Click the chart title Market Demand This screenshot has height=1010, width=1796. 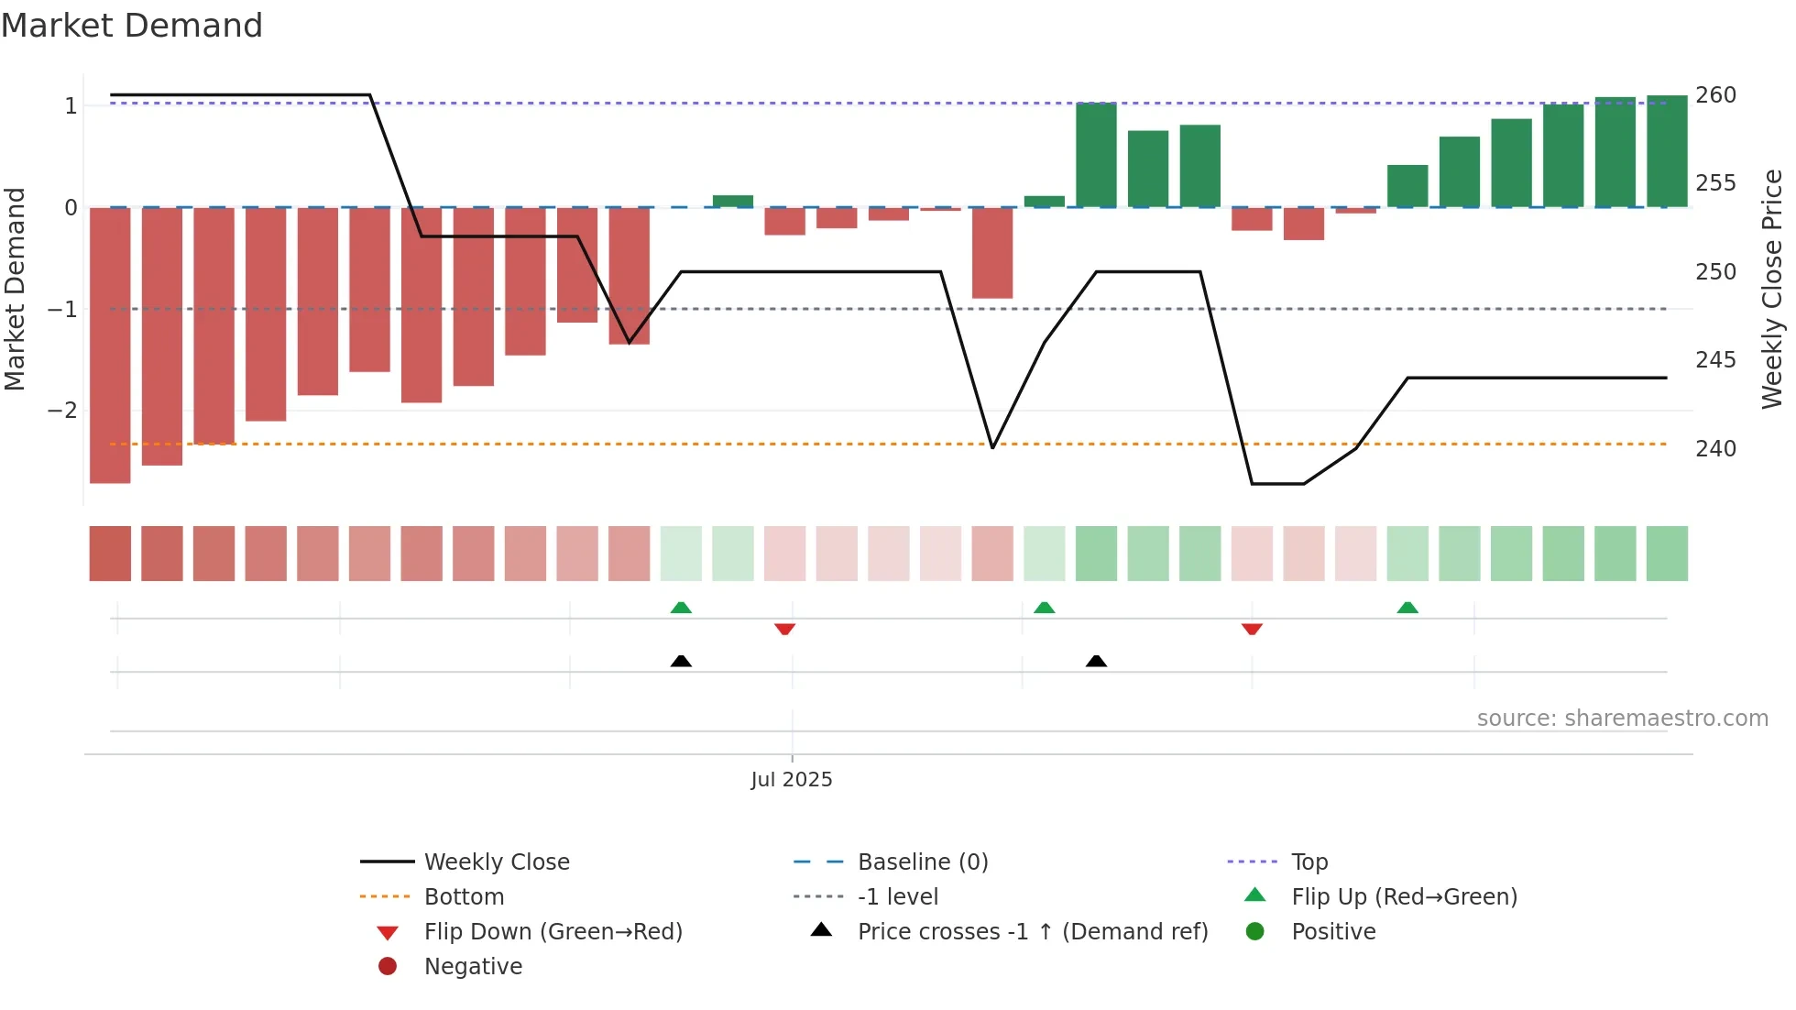pos(132,26)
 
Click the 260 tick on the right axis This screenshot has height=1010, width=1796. pos(1714,95)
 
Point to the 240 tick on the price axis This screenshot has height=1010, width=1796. pos(1714,448)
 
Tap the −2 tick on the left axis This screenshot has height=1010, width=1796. pos(62,410)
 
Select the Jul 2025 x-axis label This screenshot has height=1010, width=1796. pos(791,780)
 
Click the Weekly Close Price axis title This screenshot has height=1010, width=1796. pos(1772,289)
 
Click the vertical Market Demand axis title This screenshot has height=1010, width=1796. pos(15,289)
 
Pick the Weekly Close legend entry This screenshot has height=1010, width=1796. pos(496,862)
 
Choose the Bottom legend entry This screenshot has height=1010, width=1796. pos(464,896)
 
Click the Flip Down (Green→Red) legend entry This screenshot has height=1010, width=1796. pos(553,931)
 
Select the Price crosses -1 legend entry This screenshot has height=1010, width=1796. pos(1032,931)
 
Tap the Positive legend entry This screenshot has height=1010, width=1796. pos(1332,931)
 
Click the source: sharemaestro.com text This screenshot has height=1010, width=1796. pos(1622,719)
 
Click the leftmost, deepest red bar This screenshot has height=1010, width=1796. pos(110,345)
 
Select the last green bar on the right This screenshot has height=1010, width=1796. pos(1667,151)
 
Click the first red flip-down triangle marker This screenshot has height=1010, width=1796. pos(784,629)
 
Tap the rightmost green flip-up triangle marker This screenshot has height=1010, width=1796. pos(1407,608)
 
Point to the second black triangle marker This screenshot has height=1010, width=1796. pos(1096,661)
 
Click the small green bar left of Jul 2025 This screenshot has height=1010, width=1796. pos(733,202)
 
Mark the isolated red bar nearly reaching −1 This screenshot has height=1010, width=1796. pos(992,253)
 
